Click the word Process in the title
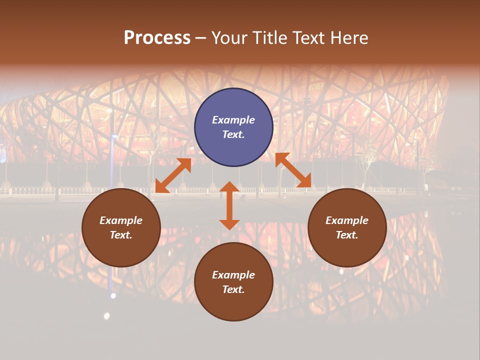(x=157, y=38)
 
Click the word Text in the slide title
(x=310, y=38)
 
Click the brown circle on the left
(x=121, y=227)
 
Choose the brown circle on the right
(x=347, y=227)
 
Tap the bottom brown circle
(x=233, y=282)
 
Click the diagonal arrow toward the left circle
(x=173, y=175)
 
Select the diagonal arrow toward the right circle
(x=293, y=170)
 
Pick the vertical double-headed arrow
(x=229, y=205)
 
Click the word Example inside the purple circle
(x=233, y=120)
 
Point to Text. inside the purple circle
(x=233, y=134)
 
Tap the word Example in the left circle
(x=121, y=220)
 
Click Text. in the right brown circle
(x=347, y=235)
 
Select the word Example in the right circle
(x=347, y=220)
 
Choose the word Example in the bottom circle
(x=233, y=275)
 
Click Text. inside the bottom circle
(x=233, y=289)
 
